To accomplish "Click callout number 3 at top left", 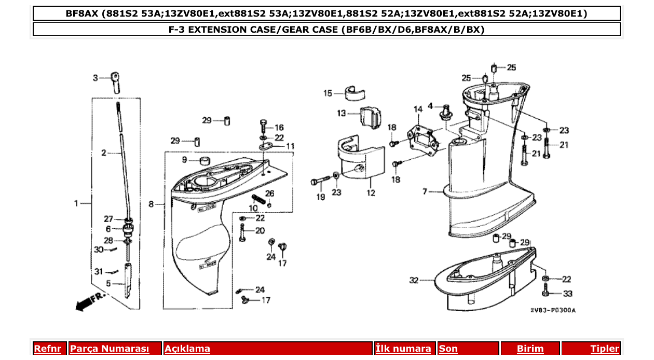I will click(x=95, y=78).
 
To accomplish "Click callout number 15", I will click(x=328, y=94).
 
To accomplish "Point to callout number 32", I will click(x=413, y=281).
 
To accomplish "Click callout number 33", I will click(x=567, y=294).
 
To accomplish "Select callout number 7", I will click(x=425, y=192).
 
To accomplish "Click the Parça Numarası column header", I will click(x=110, y=349).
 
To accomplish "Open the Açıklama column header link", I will click(x=187, y=349).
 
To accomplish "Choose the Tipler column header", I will click(x=605, y=349).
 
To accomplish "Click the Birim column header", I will click(x=530, y=349).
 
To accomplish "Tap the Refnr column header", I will click(x=47, y=349).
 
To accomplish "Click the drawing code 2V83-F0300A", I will click(x=553, y=310).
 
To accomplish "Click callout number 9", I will click(x=184, y=159).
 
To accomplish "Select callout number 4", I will click(x=430, y=106).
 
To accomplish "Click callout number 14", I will click(x=418, y=109).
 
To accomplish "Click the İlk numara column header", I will click(x=403, y=349).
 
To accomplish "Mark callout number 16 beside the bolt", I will click(x=279, y=128).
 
